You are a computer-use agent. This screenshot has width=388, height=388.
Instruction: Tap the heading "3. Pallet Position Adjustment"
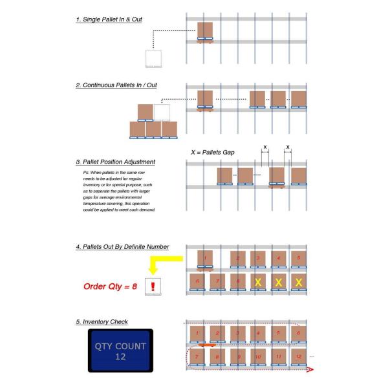coord(117,161)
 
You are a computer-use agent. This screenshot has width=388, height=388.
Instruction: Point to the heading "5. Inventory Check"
coord(103,321)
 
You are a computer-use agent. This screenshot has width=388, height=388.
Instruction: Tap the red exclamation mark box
coord(154,286)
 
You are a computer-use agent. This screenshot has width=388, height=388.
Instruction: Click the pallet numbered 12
coord(299,356)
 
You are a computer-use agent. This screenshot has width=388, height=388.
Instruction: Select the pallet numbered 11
coord(279,356)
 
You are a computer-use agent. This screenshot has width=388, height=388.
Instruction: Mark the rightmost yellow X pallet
coord(299,282)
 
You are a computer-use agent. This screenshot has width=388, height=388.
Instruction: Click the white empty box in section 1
coord(155,58)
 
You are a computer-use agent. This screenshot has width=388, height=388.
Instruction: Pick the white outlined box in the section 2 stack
coord(162,113)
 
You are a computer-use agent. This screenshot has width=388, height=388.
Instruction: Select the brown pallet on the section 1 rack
coord(205,31)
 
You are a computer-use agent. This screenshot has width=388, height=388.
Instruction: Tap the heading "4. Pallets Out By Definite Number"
coord(122,246)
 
